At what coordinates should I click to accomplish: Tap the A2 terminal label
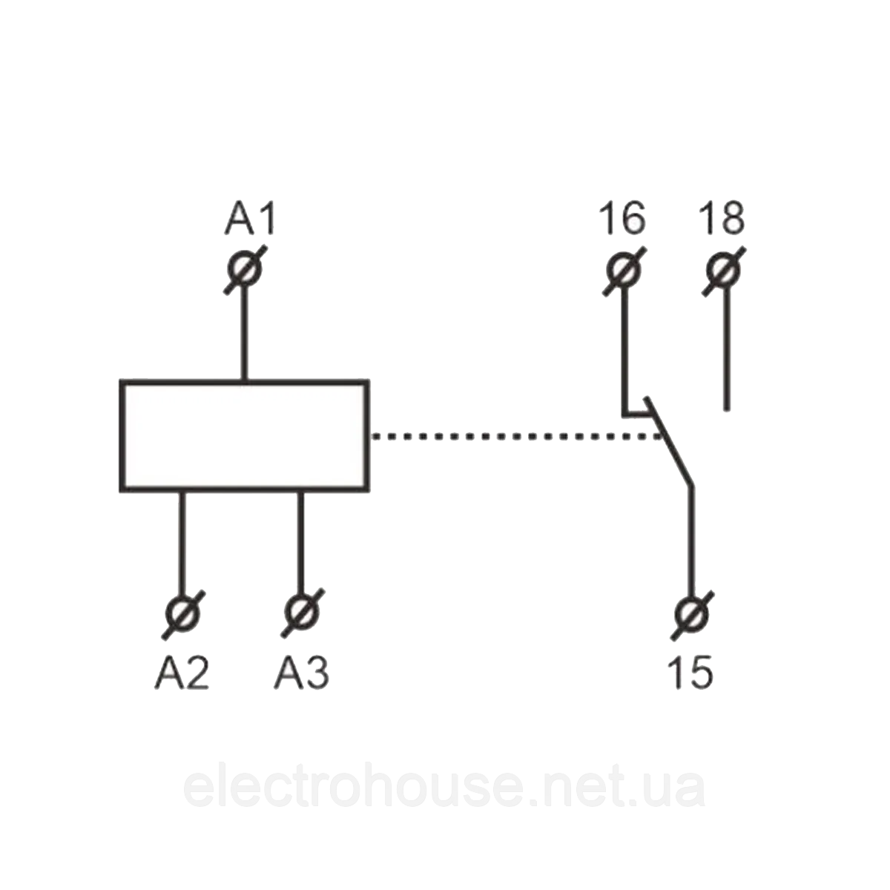coord(182,673)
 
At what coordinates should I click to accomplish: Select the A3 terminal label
coord(302,673)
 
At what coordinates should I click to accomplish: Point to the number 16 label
coord(623,219)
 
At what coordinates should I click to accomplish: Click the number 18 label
coord(721,219)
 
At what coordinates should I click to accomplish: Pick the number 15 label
coord(690,673)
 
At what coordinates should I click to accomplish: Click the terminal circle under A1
coord(244,268)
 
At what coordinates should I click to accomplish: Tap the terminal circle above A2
coord(182,613)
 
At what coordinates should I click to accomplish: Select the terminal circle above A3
coord(302,613)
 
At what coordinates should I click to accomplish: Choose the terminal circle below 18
coord(723,270)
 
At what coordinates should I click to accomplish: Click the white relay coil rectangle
coord(244,435)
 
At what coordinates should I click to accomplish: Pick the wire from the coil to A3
coord(301,541)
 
